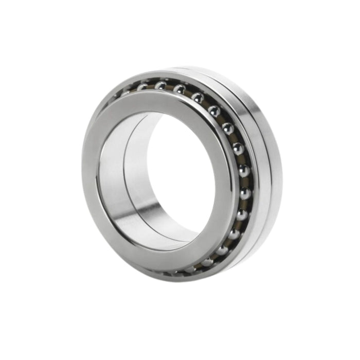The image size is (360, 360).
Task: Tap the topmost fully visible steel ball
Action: coord(160,85)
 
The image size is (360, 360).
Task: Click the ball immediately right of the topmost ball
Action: coord(179,89)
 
